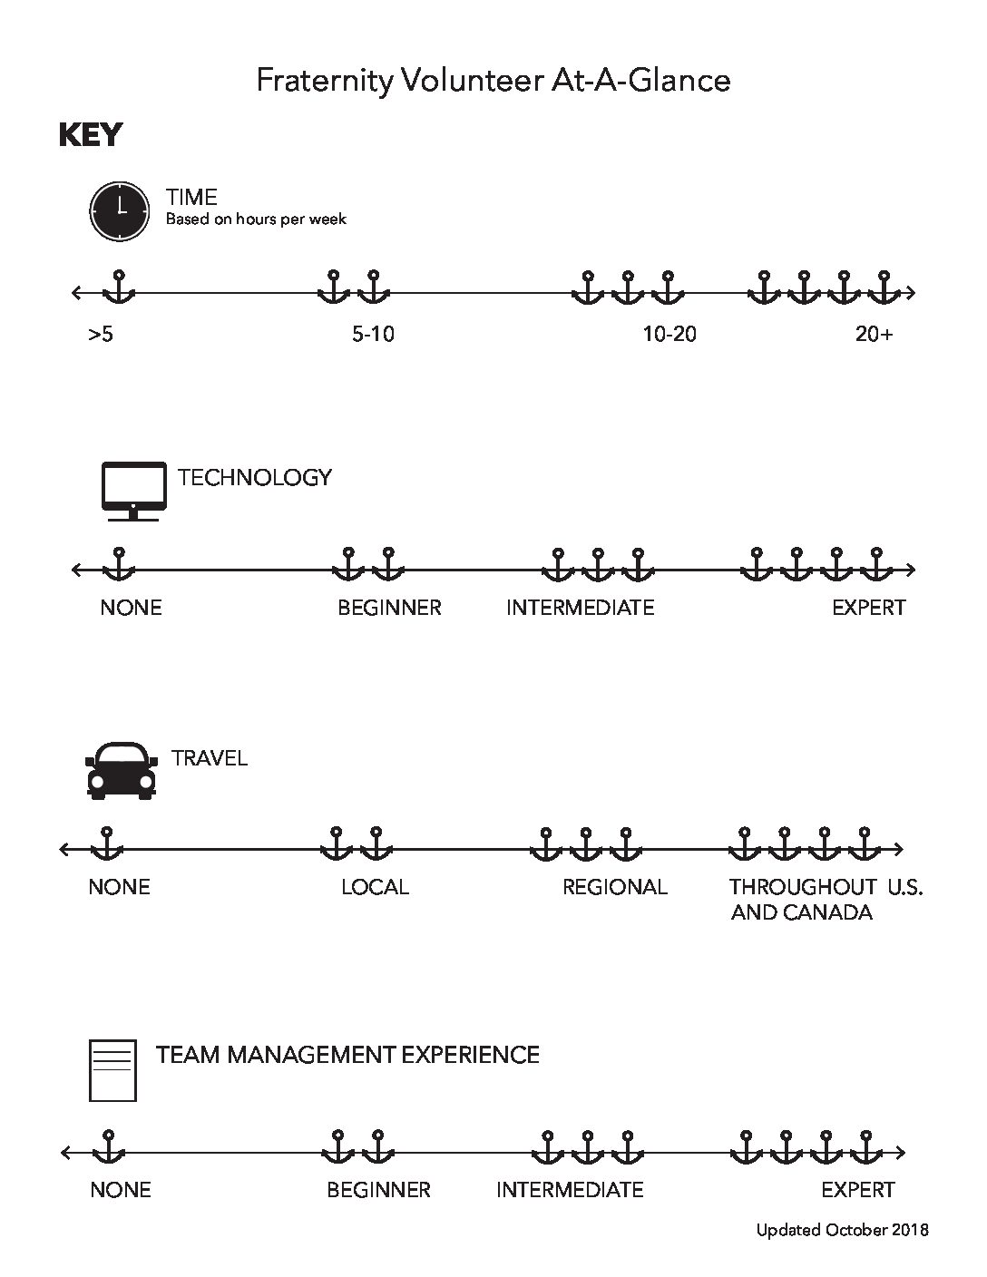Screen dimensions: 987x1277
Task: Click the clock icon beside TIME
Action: (119, 211)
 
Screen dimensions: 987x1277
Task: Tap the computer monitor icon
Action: (134, 492)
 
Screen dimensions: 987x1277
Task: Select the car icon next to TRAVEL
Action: (122, 770)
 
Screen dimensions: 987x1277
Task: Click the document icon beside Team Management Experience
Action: (112, 1070)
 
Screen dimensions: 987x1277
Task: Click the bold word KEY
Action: (91, 135)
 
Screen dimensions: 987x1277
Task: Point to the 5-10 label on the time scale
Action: (373, 335)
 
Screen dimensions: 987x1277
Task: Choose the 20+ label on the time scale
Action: (875, 335)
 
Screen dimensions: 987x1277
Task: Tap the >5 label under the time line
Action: (101, 335)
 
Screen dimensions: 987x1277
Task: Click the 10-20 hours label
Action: (669, 335)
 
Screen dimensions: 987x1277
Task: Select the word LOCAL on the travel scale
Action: (375, 887)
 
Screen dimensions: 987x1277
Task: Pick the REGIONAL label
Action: (615, 887)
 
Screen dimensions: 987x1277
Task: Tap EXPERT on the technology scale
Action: (869, 608)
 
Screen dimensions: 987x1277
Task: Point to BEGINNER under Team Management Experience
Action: (378, 1190)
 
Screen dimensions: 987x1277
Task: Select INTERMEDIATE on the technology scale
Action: (581, 608)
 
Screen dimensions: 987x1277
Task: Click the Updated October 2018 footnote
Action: (843, 1230)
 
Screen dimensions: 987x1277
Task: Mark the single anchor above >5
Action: (119, 287)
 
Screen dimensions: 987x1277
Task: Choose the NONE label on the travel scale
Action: (120, 887)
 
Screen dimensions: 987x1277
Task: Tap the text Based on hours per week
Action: (257, 219)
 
